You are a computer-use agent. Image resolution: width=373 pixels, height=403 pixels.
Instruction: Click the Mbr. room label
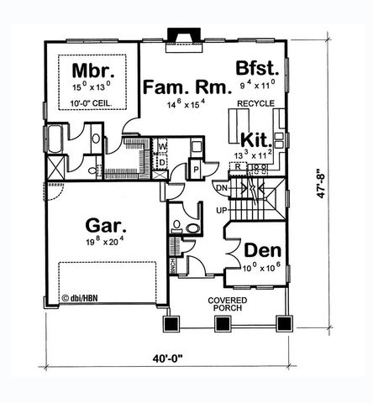[87, 70]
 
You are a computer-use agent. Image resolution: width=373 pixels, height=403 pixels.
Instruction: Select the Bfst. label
[256, 70]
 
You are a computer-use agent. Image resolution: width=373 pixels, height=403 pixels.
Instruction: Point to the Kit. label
[255, 139]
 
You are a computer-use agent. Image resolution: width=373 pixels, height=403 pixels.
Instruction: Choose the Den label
[259, 251]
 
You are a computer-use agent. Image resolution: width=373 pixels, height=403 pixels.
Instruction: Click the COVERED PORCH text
[226, 304]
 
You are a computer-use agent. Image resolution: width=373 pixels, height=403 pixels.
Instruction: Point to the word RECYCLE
[255, 102]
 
